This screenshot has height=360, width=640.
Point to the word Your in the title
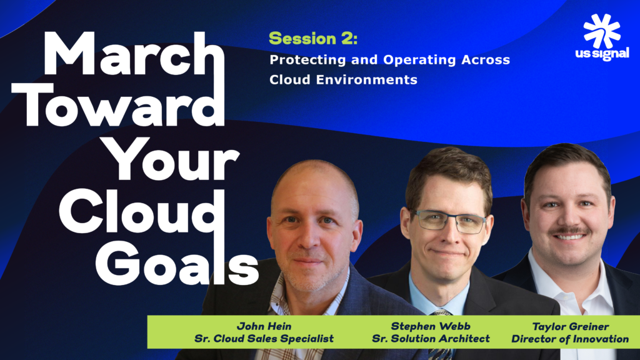click(x=172, y=159)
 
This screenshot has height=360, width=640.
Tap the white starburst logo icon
click(x=601, y=31)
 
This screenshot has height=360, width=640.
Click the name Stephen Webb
click(x=431, y=326)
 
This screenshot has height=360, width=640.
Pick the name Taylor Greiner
click(x=569, y=326)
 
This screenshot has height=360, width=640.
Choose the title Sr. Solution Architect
click(x=431, y=339)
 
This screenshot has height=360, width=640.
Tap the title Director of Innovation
click(x=569, y=339)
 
